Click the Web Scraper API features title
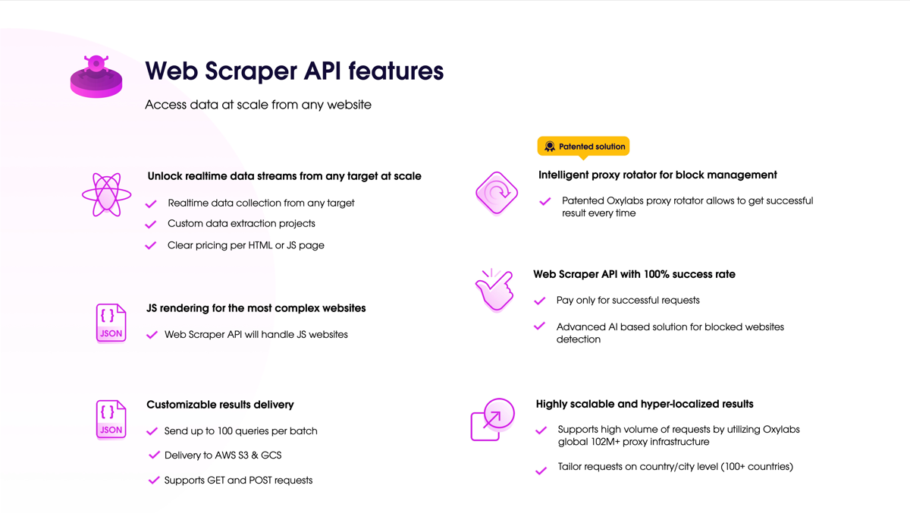(x=294, y=71)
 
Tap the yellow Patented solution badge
(x=583, y=147)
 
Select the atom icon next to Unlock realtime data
(x=106, y=194)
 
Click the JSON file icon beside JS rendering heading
(x=111, y=323)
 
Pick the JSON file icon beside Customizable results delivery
(x=111, y=419)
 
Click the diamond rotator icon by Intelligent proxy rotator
(x=497, y=193)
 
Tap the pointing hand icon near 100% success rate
(x=494, y=290)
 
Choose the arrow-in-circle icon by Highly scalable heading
(x=493, y=419)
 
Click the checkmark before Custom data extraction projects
(x=151, y=224)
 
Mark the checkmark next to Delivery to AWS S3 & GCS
(x=154, y=456)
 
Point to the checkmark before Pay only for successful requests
(x=540, y=301)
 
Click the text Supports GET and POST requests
(x=238, y=481)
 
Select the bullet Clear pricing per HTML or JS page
(x=246, y=245)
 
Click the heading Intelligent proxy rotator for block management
(x=657, y=175)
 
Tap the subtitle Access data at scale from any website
(x=258, y=105)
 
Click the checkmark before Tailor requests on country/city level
(x=541, y=471)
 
